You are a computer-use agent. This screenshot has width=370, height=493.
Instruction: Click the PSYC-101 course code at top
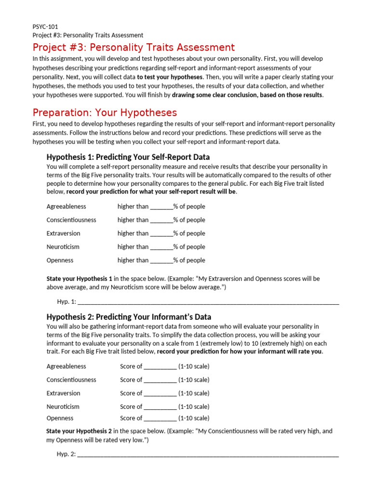click(45, 27)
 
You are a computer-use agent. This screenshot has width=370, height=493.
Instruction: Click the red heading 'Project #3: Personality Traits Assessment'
click(133, 47)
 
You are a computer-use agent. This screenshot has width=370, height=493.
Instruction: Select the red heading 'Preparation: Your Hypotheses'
click(105, 113)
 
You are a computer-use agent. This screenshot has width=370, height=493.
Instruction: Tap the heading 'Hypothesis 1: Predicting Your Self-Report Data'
click(128, 157)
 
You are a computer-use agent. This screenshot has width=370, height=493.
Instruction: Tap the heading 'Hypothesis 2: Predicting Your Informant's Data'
click(129, 317)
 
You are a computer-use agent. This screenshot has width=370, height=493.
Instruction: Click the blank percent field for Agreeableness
click(161, 207)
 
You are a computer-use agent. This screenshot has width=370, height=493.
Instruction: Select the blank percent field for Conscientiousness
click(161, 221)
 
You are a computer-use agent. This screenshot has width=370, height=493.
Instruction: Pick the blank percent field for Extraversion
click(161, 234)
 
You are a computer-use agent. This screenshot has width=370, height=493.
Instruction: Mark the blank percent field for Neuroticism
click(161, 247)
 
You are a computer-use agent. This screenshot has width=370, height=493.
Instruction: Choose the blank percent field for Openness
click(161, 261)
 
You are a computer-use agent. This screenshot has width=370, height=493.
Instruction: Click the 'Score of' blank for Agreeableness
click(160, 367)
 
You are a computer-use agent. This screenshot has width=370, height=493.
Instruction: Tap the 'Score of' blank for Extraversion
click(160, 394)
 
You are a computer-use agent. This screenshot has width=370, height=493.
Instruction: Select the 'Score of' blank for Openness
click(160, 419)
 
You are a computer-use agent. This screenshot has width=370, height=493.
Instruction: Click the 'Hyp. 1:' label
click(66, 302)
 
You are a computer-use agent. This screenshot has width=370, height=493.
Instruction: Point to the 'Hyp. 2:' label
click(66, 454)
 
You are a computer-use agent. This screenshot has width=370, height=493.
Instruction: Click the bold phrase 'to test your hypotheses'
click(170, 77)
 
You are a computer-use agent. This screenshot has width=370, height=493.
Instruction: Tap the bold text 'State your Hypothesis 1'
click(79, 279)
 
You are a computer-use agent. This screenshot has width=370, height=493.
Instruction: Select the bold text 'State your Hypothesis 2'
click(79, 431)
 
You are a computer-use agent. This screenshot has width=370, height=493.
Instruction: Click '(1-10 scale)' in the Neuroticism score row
click(194, 407)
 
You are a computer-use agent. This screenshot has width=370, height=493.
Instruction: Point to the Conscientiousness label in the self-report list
click(71, 220)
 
